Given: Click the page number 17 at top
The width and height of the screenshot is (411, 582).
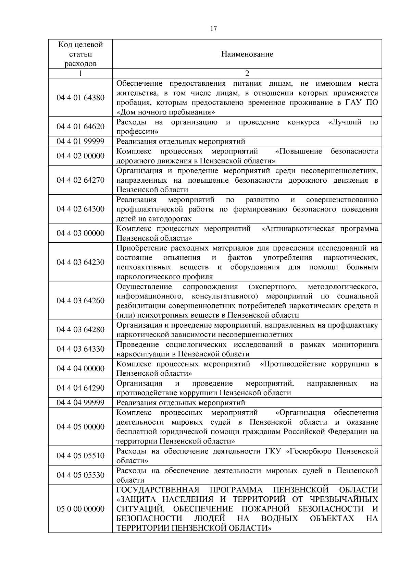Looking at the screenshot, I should point(213,29).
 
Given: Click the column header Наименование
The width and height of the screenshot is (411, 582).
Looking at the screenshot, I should point(247,54).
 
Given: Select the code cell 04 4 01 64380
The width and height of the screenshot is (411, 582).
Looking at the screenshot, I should point(80,98).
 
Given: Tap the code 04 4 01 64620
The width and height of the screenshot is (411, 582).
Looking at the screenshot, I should point(80,127).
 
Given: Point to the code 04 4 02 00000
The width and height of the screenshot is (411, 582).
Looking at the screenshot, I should point(80,156).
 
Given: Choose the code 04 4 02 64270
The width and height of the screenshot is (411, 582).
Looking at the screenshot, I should point(80,180).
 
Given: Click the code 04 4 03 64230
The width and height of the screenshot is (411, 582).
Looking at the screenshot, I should point(80,262).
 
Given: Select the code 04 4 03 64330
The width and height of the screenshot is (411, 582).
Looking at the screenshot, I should point(80,349).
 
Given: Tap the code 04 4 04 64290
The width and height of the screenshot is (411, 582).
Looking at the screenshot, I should point(80,388).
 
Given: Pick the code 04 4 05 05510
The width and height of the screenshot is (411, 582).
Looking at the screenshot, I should point(80,456).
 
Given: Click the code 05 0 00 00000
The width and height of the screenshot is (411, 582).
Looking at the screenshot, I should point(80,509).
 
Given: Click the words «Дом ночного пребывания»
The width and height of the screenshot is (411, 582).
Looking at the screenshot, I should point(166,112).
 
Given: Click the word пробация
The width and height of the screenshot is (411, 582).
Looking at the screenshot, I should point(131,103).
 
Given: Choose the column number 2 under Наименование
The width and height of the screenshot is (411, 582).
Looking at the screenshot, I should point(247,73).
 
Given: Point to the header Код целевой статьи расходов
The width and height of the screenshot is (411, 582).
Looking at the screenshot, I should point(80,54).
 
